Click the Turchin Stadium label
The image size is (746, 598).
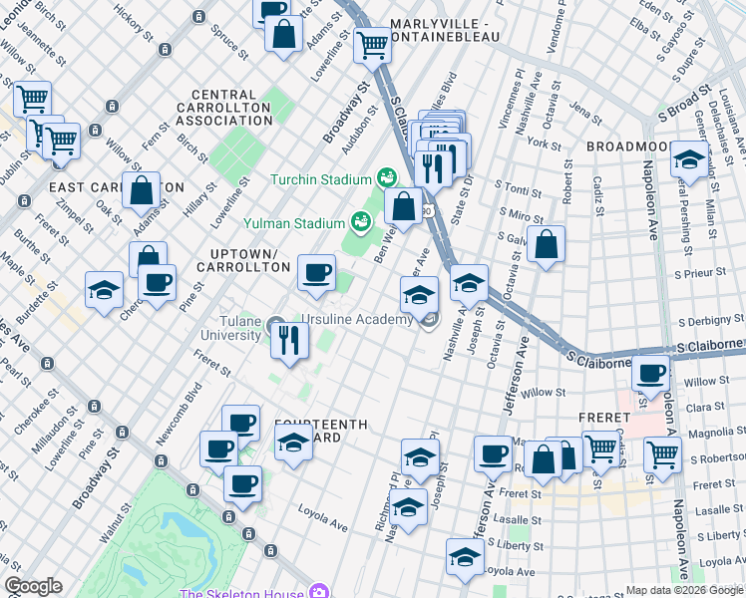pyautogui.click(x=318, y=179)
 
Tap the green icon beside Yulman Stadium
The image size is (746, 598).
pyautogui.click(x=361, y=219)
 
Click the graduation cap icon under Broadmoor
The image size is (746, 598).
pyautogui.click(x=688, y=158)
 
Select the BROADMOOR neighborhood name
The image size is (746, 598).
pyautogui.click(x=632, y=146)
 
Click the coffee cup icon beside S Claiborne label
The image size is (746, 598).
pyautogui.click(x=651, y=375)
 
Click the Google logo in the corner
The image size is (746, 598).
pyautogui.click(x=33, y=586)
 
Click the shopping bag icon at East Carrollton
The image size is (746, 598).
pyautogui.click(x=142, y=189)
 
